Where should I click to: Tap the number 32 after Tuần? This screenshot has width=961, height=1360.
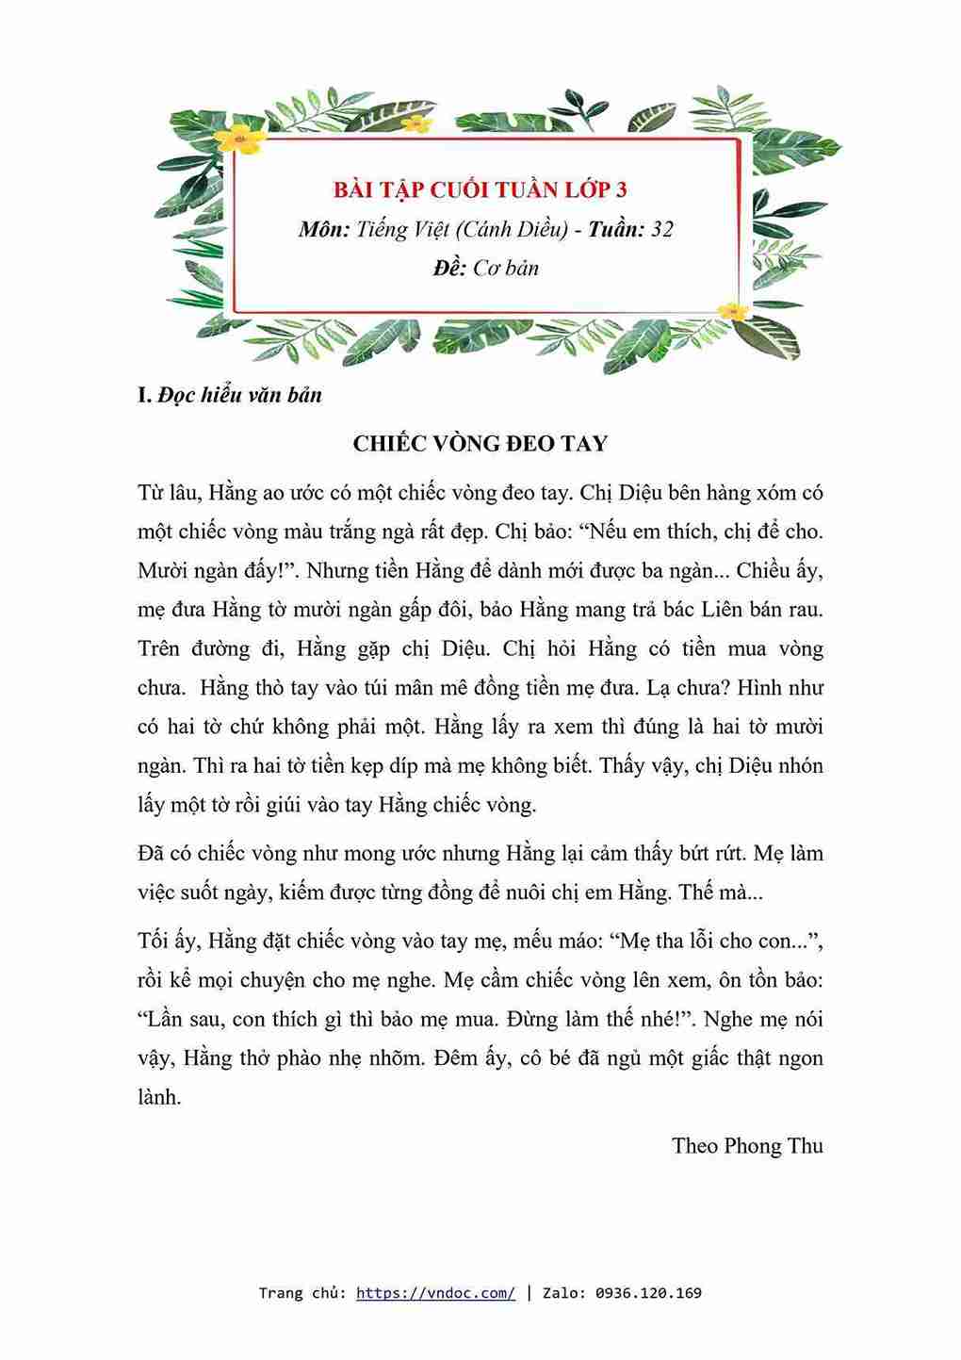tap(661, 229)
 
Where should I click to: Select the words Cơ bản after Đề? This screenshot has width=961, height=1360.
tap(506, 268)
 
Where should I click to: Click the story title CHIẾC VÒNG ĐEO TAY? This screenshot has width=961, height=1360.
tap(480, 443)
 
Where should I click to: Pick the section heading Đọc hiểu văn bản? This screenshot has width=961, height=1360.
tap(239, 395)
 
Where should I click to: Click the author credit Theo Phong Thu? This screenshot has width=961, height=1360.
tap(747, 1145)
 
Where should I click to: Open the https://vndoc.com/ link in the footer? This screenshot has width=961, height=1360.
tap(435, 1292)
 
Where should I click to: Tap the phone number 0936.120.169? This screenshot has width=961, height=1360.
tap(648, 1292)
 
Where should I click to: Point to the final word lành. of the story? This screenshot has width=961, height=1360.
tap(158, 1097)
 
